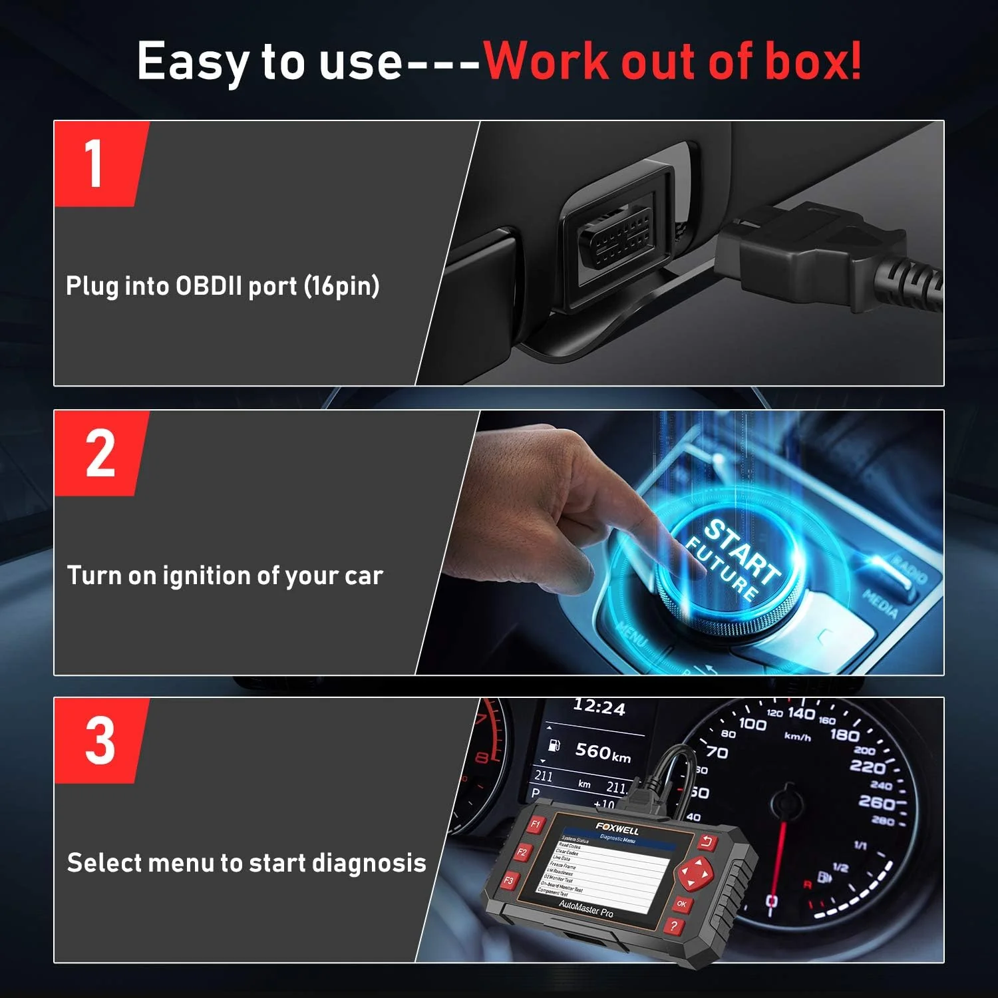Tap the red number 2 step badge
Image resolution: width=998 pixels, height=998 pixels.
100,454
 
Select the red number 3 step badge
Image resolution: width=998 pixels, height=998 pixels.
100,741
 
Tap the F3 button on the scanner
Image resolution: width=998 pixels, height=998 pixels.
509,881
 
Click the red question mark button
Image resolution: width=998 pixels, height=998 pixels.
674,925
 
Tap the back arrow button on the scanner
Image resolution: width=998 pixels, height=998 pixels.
707,843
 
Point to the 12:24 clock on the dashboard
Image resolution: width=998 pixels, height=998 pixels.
599,707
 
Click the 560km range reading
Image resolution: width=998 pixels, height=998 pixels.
602,752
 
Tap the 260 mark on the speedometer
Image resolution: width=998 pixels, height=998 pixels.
877,802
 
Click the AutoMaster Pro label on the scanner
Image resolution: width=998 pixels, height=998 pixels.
585,909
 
